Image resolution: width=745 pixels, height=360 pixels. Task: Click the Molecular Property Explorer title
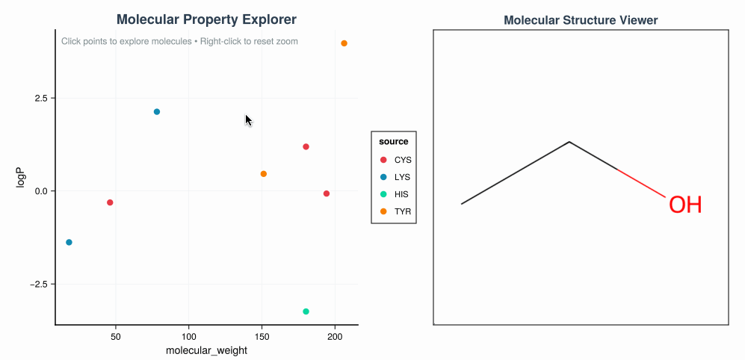206,19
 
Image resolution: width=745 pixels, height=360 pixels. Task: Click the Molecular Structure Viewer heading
581,20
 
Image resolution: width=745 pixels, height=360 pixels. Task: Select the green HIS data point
306,311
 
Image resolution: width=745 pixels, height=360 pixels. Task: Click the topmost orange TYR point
344,43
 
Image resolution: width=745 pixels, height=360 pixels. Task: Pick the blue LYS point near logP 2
157,112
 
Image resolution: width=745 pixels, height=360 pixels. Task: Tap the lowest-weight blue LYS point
69,242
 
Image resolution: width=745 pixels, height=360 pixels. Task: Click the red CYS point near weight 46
110,202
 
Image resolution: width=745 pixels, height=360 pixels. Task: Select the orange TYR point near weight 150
263,174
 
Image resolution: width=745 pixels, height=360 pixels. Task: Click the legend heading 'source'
393,141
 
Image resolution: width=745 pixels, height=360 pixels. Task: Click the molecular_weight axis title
206,351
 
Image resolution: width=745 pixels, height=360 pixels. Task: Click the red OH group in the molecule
684,205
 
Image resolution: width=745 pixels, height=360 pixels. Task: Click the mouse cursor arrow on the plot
248,120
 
